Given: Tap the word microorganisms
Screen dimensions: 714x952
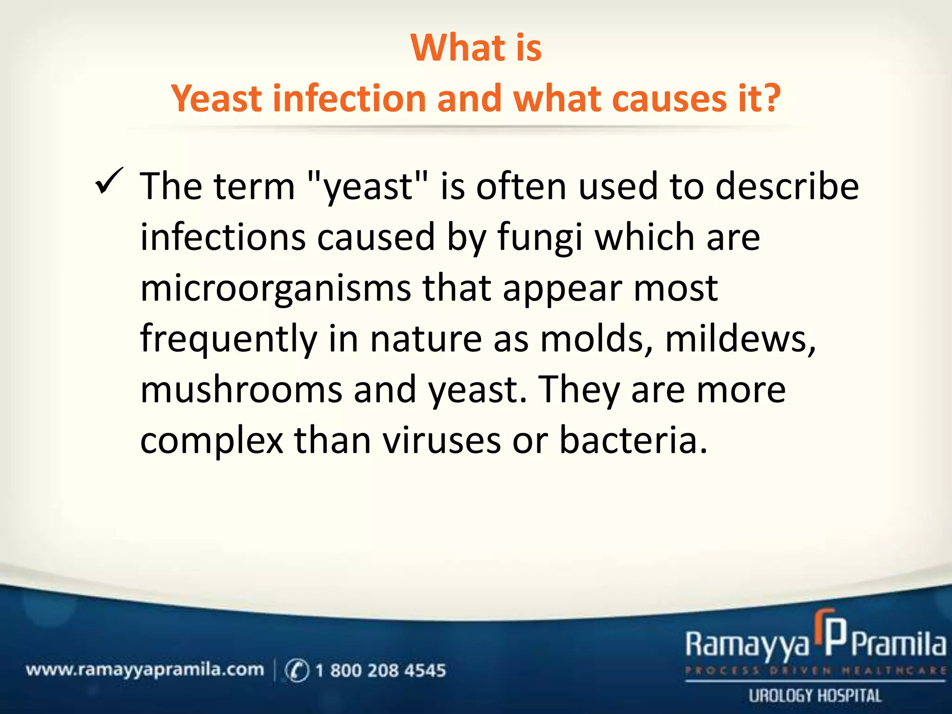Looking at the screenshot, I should (275, 289).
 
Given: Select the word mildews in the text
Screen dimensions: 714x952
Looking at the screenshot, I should (740, 339).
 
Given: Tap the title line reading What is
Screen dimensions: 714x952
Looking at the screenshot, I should (476, 48).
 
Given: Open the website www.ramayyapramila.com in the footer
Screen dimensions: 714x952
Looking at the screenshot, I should (145, 670).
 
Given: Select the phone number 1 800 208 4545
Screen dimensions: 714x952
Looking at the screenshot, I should (380, 670).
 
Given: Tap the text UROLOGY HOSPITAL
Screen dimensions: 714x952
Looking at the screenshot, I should (814, 696).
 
